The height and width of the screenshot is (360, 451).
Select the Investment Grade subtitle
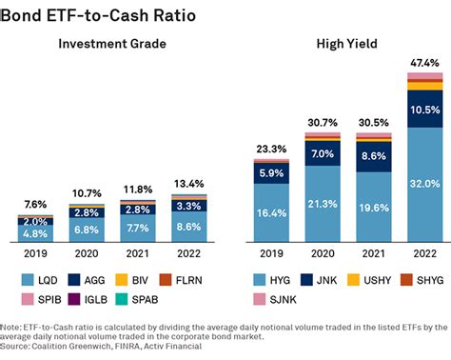112,45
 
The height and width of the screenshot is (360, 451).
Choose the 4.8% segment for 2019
35,233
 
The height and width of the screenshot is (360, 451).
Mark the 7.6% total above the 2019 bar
35,204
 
